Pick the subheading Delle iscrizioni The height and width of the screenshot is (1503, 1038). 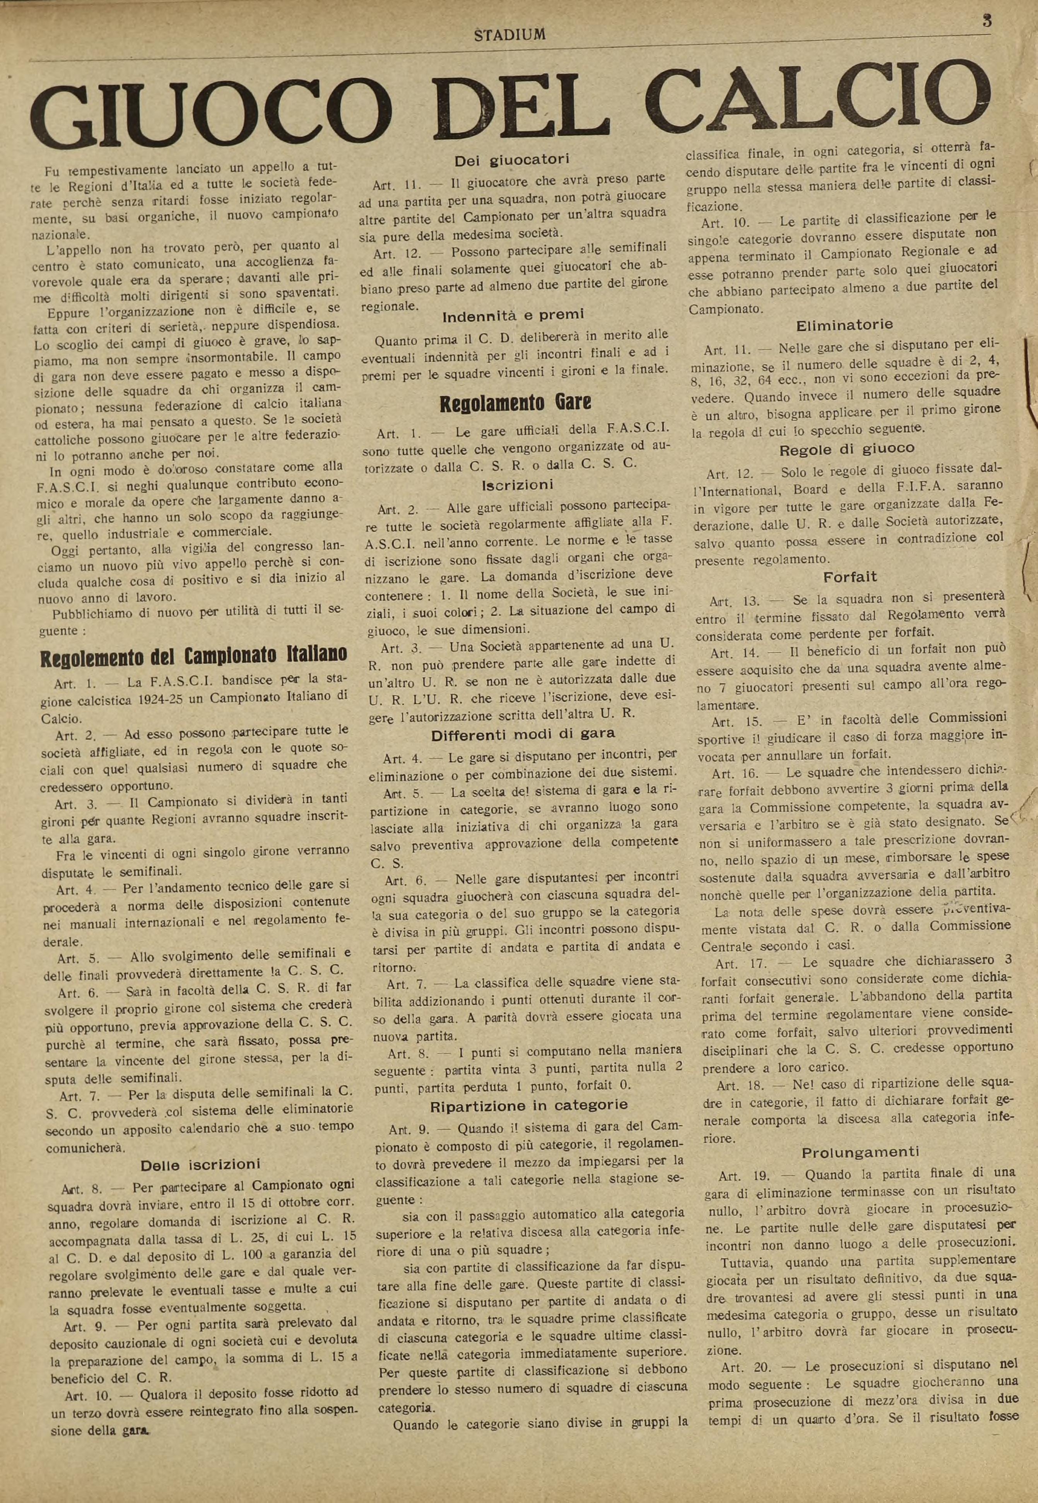(200, 1164)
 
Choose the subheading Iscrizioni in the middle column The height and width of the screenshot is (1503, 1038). (517, 485)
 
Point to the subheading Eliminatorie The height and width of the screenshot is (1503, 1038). (844, 324)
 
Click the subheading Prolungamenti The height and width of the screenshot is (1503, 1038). (860, 1152)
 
